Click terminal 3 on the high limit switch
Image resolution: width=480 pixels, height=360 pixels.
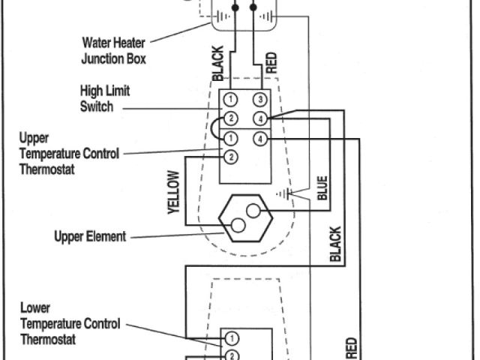tap(259, 100)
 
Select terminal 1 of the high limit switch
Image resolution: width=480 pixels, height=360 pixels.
tap(232, 100)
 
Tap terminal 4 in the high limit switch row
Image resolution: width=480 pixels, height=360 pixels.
tap(259, 118)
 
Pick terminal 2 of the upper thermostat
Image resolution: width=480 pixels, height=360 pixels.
tap(232, 157)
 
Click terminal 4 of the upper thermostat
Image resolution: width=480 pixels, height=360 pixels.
tap(259, 139)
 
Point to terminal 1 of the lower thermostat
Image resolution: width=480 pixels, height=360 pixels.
tap(232, 339)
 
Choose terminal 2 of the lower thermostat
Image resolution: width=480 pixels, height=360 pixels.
tap(232, 355)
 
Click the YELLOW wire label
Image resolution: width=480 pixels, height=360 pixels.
tap(174, 193)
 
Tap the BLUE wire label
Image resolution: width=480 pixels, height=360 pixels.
tap(322, 187)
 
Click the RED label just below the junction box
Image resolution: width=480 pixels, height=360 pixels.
tap(271, 61)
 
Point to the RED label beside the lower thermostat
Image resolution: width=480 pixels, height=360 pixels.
tap(350, 348)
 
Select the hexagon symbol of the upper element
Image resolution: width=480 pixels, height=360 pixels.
tap(244, 219)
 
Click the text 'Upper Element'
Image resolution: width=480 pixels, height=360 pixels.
tap(90, 237)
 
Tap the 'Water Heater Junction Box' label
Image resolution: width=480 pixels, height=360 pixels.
tap(113, 51)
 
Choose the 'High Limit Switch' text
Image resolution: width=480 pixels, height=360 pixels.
tap(105, 99)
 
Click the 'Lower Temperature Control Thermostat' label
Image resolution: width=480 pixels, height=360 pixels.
tap(69, 323)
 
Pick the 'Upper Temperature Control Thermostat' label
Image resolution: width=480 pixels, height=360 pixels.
tap(69, 154)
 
